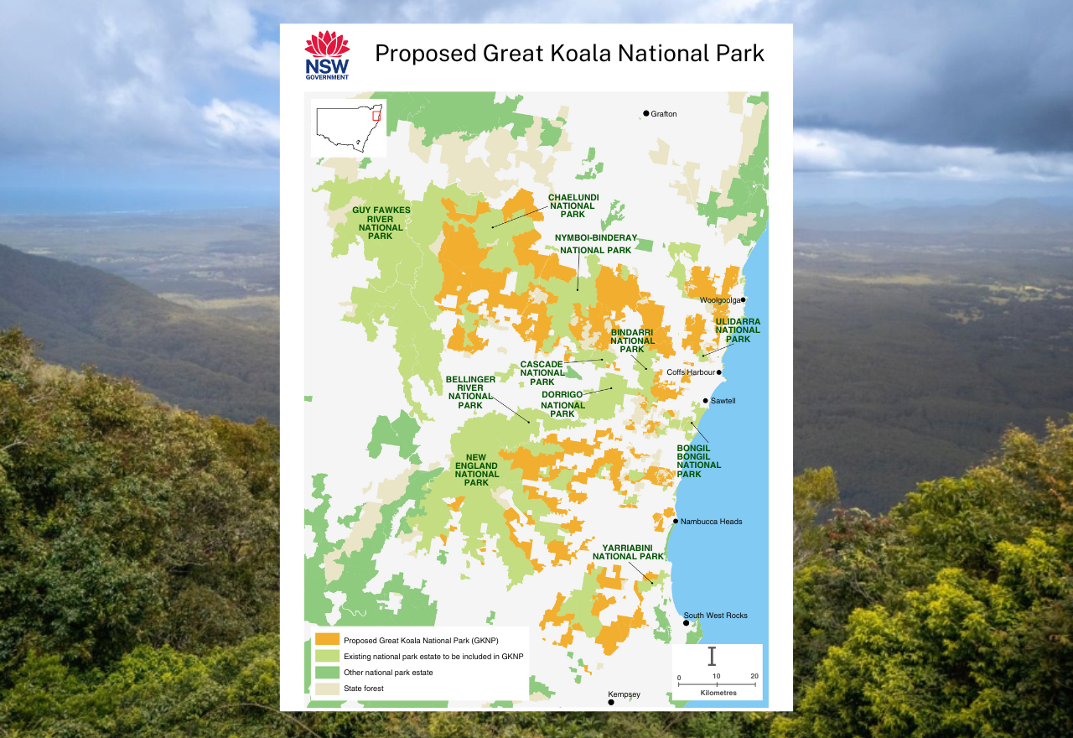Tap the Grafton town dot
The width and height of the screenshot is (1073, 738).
click(646, 113)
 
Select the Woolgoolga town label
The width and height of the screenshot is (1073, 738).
click(719, 299)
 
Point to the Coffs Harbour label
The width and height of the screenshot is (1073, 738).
click(691, 372)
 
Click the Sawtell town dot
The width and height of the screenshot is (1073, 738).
click(705, 401)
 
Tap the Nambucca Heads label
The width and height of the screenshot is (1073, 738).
click(711, 522)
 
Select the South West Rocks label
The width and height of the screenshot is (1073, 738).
click(715, 616)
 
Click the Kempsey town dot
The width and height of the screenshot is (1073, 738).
click(611, 702)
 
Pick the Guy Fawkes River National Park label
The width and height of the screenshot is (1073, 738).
click(381, 222)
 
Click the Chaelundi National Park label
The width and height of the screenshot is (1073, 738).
click(573, 205)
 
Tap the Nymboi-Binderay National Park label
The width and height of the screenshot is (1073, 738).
click(595, 244)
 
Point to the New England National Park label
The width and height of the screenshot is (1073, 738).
click(476, 470)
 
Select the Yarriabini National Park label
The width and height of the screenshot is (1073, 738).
click(628, 551)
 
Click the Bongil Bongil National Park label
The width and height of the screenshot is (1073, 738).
click(698, 461)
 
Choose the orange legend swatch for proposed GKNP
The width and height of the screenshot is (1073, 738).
click(326, 640)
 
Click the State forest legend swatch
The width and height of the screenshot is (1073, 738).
click(326, 689)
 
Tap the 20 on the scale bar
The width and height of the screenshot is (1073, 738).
click(754, 677)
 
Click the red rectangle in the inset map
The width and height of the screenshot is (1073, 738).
click(376, 115)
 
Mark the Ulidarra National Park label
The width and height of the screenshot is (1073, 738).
click(738, 330)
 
